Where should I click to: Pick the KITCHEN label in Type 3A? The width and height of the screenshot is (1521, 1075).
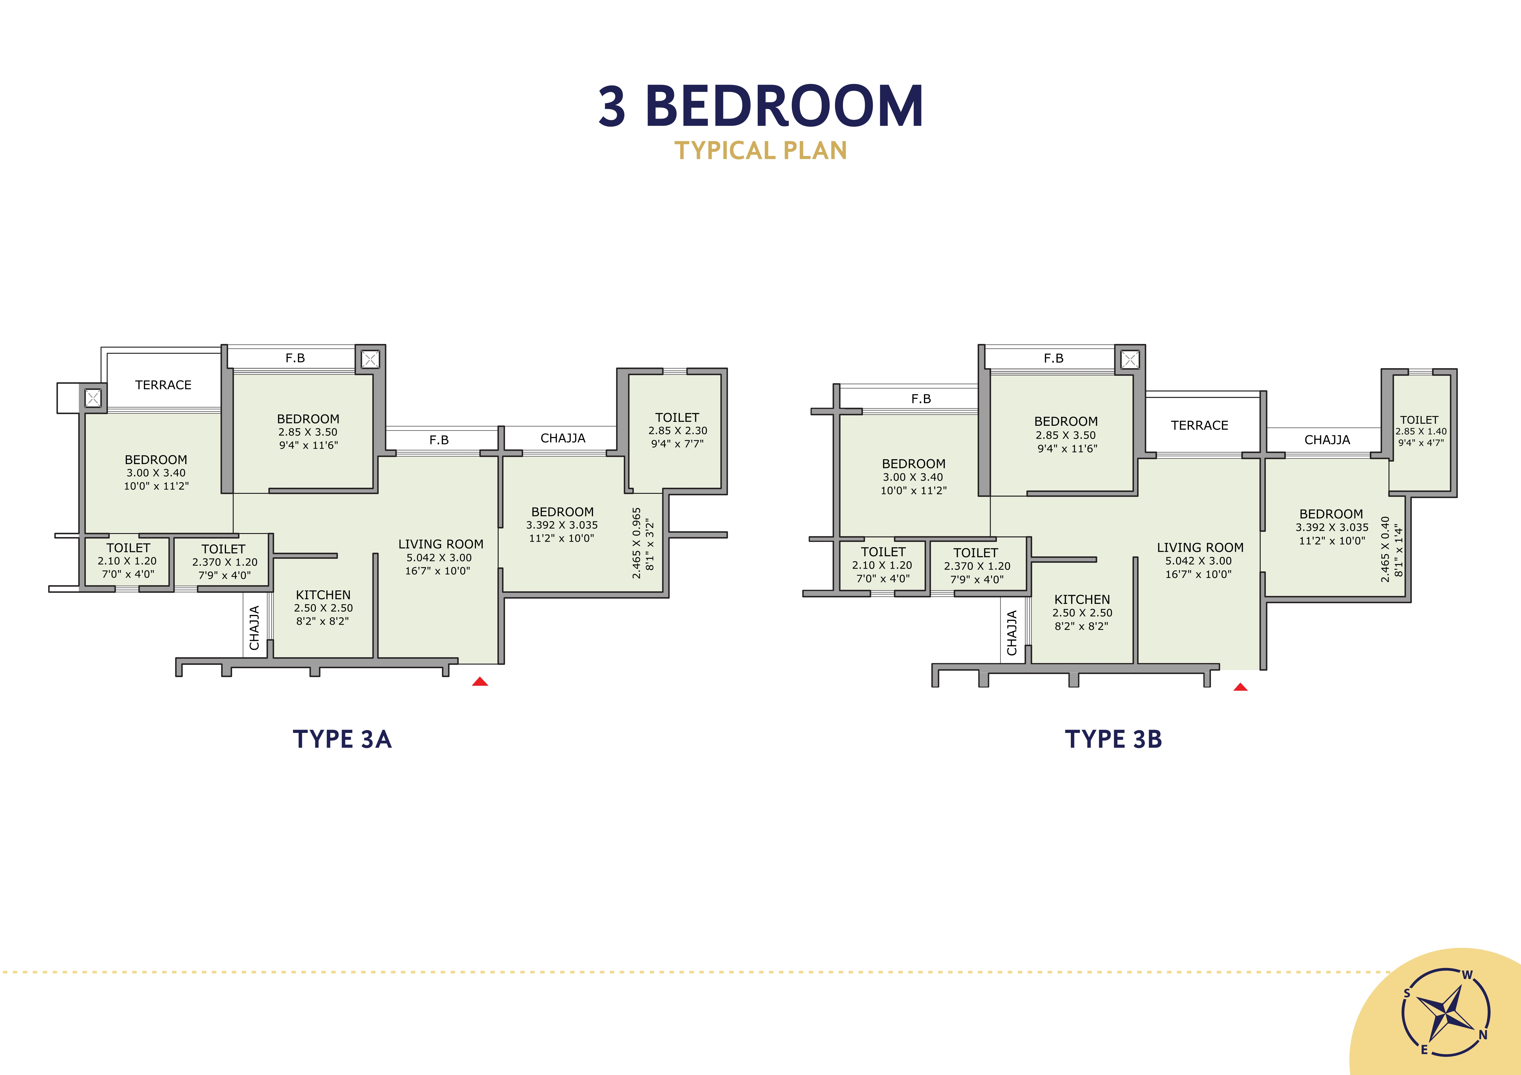pos(323,595)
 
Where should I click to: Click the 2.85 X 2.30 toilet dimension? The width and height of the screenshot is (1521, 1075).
pos(678,431)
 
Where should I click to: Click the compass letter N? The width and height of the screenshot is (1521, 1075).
pos(1483,1035)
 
